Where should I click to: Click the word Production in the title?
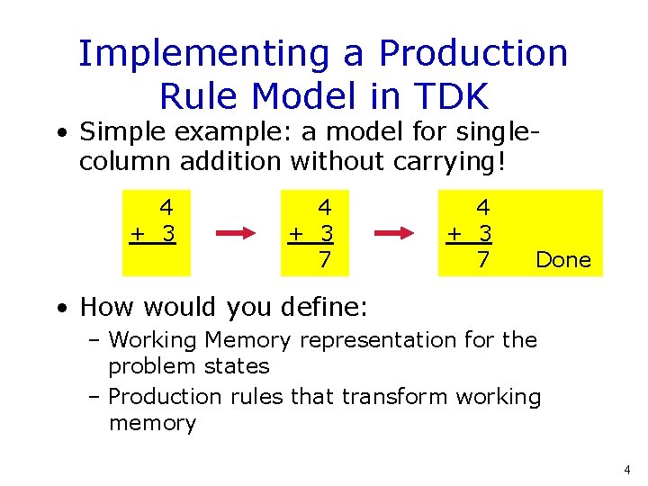pos(473,54)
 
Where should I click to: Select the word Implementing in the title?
pos(205,54)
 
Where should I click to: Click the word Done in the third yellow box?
pos(563,260)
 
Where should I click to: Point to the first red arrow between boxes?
pos(237,234)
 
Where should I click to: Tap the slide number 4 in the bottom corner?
pos(626,470)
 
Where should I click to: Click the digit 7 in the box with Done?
pos(483,260)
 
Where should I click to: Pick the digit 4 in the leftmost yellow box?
pos(166,208)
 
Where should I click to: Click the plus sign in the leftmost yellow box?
pos(137,234)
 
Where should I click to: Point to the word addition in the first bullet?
pos(232,163)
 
